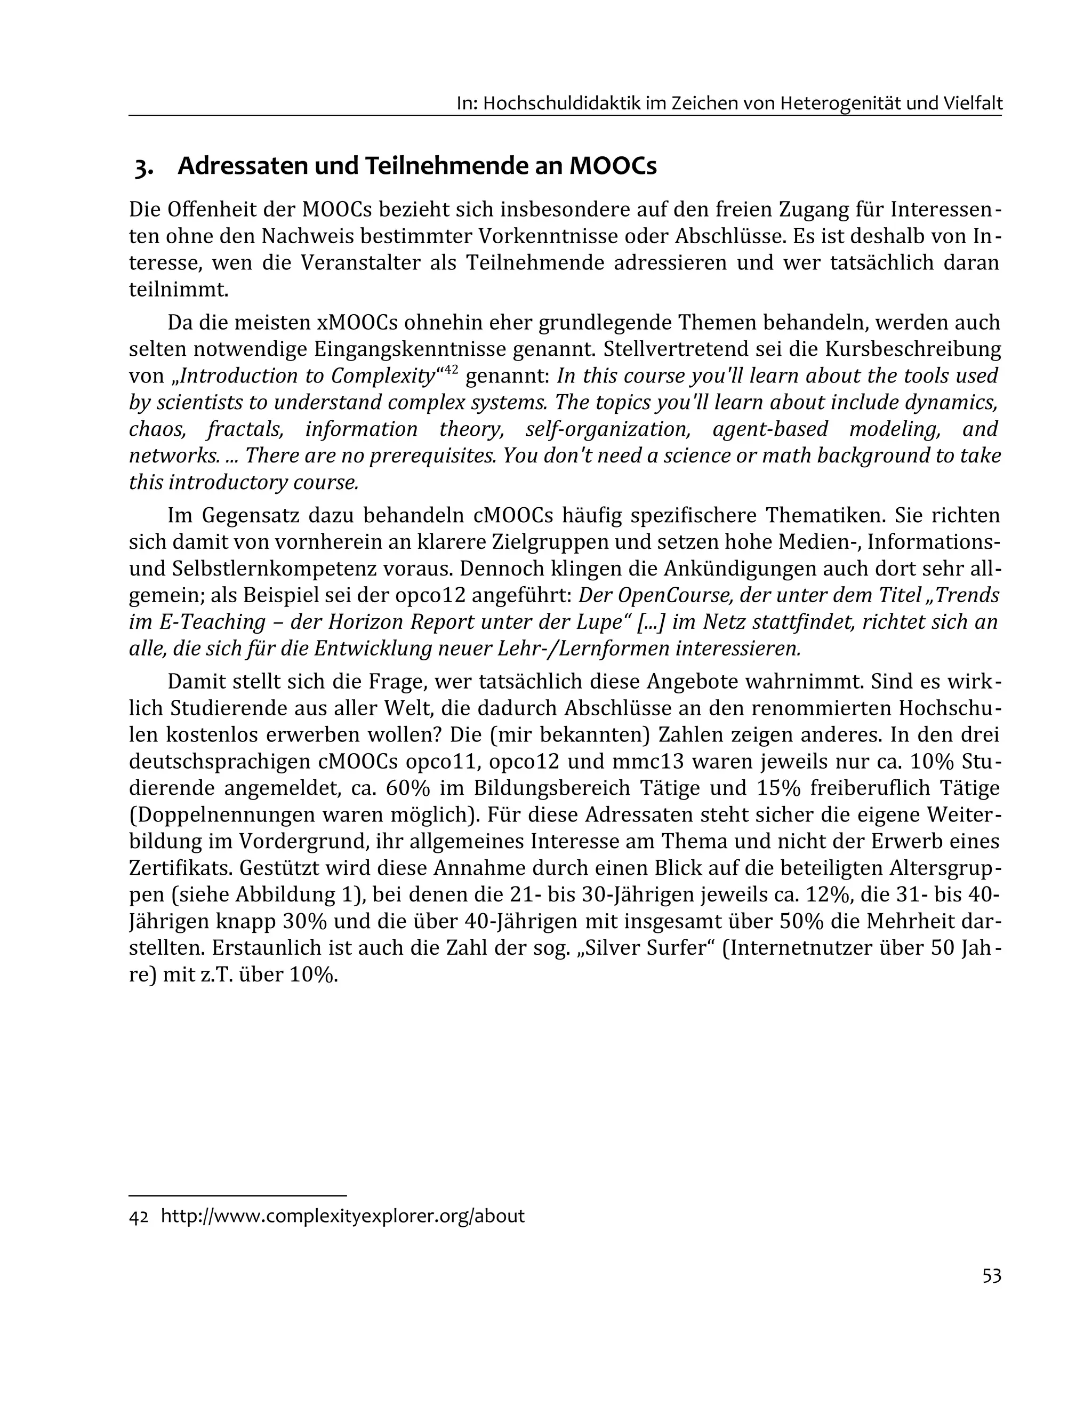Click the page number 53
tap(991, 1275)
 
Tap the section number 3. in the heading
tap(144, 167)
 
